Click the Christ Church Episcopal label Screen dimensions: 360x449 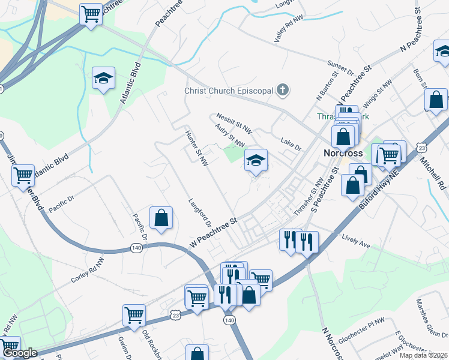[228, 91]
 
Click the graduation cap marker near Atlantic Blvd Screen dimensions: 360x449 [103, 78]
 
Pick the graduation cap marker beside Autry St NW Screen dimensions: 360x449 [256, 160]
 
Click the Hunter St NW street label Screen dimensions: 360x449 [197, 148]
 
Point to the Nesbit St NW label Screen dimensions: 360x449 [235, 122]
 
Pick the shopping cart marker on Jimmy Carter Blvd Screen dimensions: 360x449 [23, 176]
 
